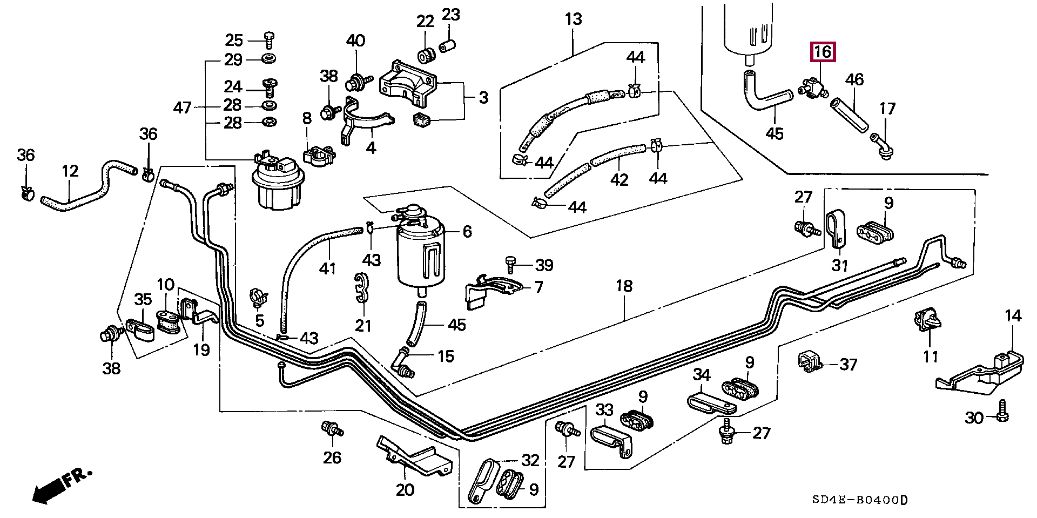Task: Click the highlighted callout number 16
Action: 822,52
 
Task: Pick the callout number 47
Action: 182,107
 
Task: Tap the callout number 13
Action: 573,19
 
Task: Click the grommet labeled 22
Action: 427,55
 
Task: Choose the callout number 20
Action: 405,489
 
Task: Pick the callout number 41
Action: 327,268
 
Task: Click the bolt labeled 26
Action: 331,430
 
